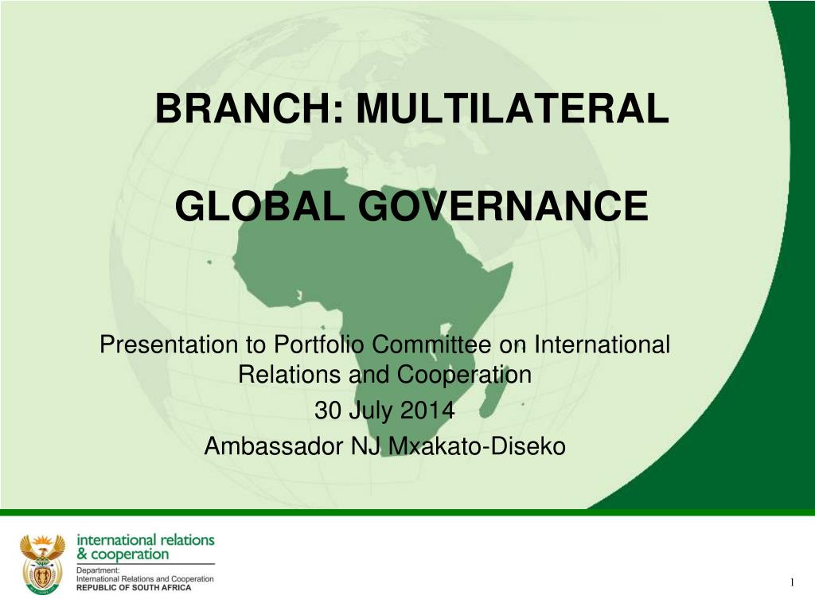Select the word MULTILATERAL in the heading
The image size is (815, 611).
click(x=513, y=108)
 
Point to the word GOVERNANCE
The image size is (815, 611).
click(x=503, y=206)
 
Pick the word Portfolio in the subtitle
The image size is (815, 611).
click(x=318, y=344)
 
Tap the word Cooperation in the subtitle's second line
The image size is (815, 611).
click(x=464, y=375)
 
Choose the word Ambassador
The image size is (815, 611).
click(x=274, y=446)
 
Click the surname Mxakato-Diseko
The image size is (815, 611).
click(x=478, y=446)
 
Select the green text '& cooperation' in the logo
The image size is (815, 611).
click(x=123, y=555)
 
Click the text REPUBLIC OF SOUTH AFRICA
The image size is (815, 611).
click(x=134, y=588)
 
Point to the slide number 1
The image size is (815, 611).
click(x=792, y=582)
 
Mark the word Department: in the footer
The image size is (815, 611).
click(x=98, y=570)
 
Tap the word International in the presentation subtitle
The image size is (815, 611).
click(x=602, y=344)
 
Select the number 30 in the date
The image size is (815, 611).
click(x=326, y=410)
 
